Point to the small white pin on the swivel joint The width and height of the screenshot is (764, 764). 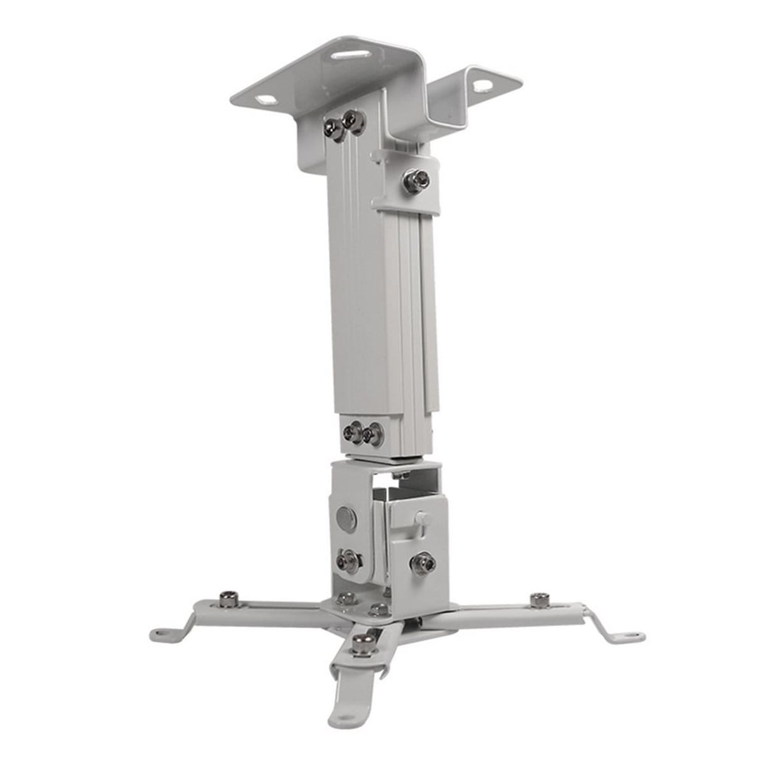[420, 517]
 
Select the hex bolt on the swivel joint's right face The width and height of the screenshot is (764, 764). [420, 563]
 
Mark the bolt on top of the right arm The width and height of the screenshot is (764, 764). [541, 599]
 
